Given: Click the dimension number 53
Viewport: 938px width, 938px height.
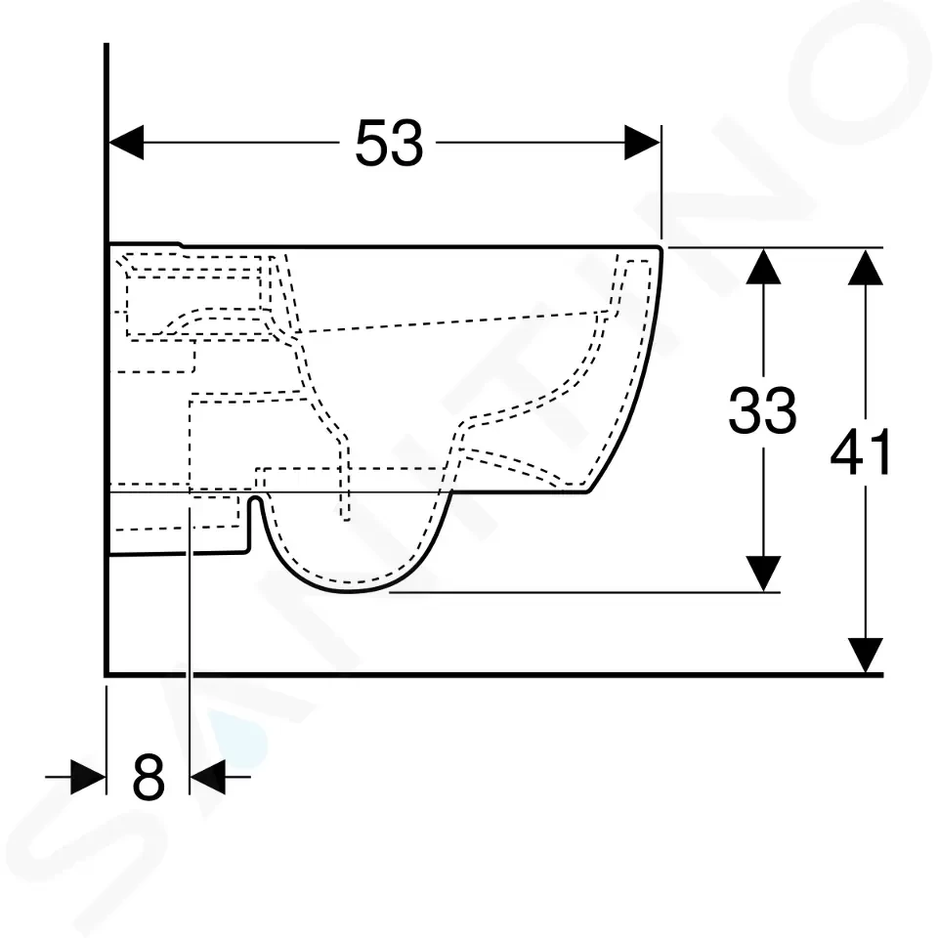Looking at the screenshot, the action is tap(389, 143).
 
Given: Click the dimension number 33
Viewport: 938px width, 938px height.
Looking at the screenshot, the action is tap(763, 410).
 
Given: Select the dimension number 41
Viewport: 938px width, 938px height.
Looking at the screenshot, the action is tap(860, 451).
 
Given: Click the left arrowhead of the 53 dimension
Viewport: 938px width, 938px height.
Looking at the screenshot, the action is tap(126, 143).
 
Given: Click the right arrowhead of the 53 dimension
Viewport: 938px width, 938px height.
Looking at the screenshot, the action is tap(643, 143).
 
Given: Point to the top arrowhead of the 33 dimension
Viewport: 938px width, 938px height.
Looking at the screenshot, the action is tap(763, 266).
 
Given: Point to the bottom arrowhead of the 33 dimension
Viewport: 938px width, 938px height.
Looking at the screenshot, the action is tap(763, 574).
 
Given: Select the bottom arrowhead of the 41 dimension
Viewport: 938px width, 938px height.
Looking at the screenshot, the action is tap(866, 656).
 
